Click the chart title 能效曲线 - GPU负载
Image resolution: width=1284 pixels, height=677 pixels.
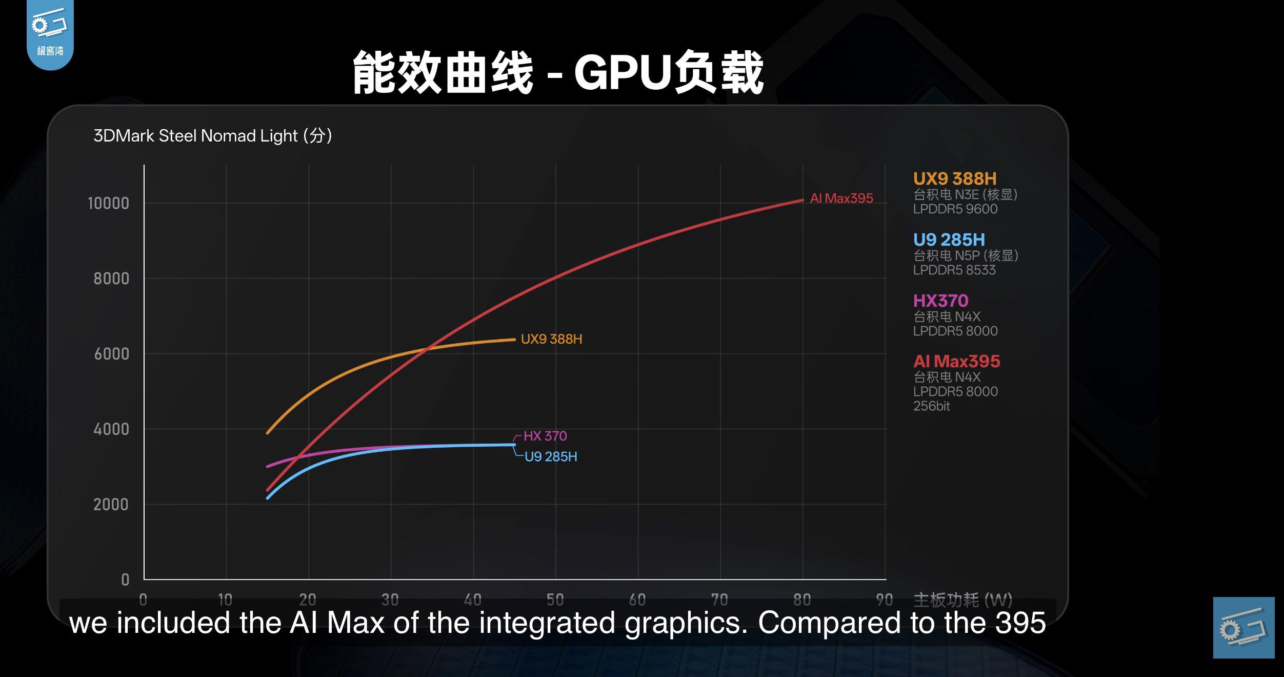point(558,73)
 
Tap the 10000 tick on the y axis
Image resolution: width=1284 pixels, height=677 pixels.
point(108,204)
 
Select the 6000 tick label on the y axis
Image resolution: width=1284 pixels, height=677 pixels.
point(111,354)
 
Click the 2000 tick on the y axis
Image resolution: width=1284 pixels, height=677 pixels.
point(111,505)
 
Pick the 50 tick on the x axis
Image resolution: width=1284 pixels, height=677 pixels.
point(555,599)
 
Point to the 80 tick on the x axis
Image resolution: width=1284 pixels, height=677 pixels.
point(802,599)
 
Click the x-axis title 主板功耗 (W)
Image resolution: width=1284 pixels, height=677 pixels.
point(962,599)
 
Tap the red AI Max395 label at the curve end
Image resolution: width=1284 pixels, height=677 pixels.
point(841,198)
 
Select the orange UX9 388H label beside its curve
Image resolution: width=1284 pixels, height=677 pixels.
point(551,339)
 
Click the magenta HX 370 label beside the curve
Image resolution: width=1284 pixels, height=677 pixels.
point(545,436)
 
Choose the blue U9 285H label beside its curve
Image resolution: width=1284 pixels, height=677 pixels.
point(550,456)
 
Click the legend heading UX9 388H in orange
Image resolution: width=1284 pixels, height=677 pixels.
point(954,178)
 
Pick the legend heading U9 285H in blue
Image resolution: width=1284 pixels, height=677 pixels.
point(949,240)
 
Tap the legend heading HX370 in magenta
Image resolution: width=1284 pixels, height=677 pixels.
point(940,301)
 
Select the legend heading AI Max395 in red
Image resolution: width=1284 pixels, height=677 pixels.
point(956,361)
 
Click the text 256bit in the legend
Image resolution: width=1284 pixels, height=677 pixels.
point(931,406)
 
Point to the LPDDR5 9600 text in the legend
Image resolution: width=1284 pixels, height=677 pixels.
point(955,209)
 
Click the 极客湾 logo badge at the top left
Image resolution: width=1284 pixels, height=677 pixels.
point(50,33)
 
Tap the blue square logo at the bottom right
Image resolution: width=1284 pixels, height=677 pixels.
point(1243,627)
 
